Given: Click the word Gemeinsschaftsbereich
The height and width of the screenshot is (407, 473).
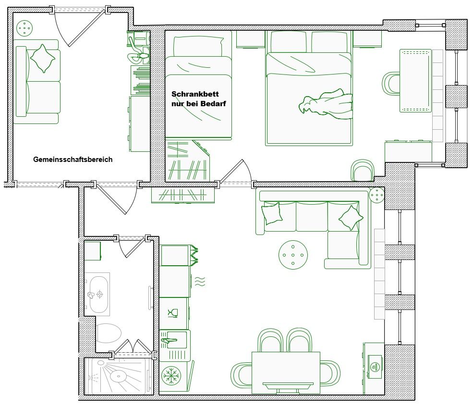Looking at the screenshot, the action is (x=73, y=160).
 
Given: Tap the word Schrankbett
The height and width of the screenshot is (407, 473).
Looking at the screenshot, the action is (x=195, y=94).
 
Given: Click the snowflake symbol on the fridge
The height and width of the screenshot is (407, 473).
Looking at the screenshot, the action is (x=171, y=376).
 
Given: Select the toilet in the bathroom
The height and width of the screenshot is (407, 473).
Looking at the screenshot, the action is (x=109, y=333).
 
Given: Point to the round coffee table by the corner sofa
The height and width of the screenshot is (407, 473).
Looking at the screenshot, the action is (x=293, y=255).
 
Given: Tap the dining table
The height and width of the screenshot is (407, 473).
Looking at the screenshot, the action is (x=286, y=373).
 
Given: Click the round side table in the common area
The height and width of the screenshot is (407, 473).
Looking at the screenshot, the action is (x=24, y=28).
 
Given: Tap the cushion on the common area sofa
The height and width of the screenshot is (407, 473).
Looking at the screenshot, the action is (x=43, y=59).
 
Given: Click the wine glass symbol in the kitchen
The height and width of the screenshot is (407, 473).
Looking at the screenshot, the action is (x=173, y=313).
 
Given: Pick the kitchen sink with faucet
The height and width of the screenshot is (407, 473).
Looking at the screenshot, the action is (x=174, y=340).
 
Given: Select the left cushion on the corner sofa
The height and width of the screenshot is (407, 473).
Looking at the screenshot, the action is (x=272, y=213).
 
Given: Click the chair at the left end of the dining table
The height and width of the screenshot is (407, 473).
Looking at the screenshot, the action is (x=242, y=375).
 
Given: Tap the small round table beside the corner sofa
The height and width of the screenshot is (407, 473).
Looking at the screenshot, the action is (x=376, y=195).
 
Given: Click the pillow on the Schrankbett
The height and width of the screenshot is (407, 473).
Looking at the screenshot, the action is (x=198, y=46).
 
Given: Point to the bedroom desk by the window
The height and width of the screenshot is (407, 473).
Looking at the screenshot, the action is (x=415, y=81).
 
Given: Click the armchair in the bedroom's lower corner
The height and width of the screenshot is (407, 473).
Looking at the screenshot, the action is (x=362, y=171).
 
